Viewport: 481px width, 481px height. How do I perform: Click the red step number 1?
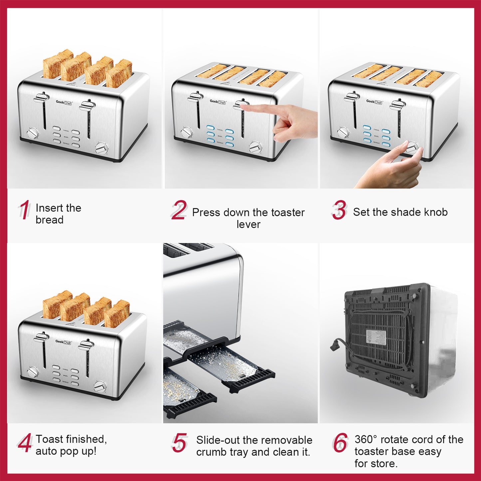click(x=24, y=210)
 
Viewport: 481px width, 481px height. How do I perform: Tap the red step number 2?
click(x=179, y=210)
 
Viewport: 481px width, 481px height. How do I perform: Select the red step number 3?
click(x=339, y=210)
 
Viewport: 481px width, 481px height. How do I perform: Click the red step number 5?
click(x=179, y=443)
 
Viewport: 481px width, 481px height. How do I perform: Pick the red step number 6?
click(x=340, y=443)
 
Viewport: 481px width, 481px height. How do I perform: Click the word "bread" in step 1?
click(x=49, y=220)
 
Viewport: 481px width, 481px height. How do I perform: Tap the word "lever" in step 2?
click(x=248, y=224)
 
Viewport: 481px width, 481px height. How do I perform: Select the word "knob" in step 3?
click(x=436, y=212)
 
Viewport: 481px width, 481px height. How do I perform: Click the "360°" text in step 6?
click(x=366, y=439)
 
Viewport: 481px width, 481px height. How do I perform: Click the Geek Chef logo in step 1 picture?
click(x=64, y=103)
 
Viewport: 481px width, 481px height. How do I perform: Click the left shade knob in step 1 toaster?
click(x=33, y=134)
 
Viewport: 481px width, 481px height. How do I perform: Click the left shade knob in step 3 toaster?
click(x=343, y=132)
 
